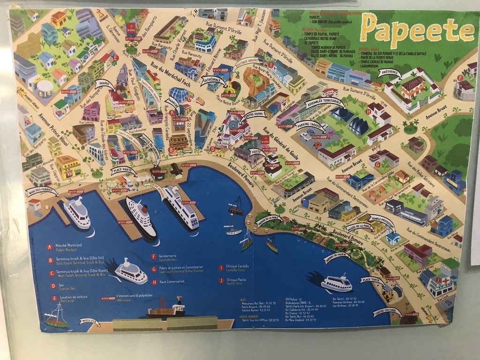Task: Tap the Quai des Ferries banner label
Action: pos(42,191)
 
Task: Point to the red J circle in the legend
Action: pos(220,280)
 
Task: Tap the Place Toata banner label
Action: pos(373,280)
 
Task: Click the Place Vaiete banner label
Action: pos(123,171)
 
